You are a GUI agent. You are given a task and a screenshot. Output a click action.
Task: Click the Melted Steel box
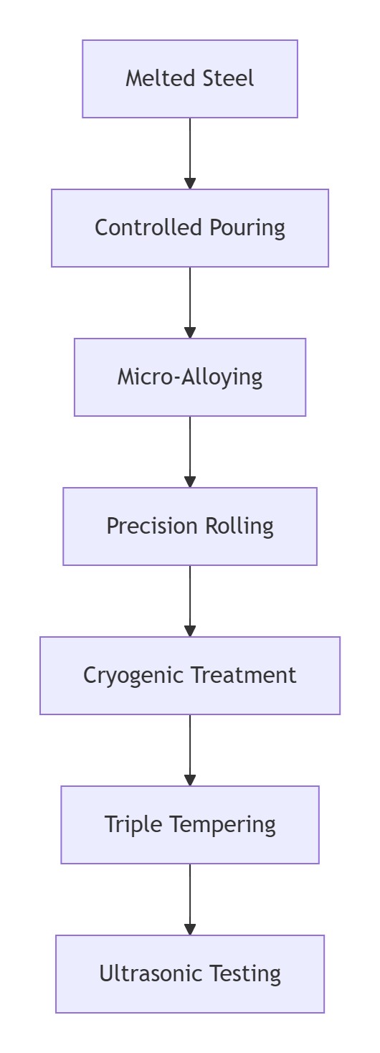tap(190, 78)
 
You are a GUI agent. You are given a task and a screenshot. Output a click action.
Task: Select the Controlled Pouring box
tap(190, 228)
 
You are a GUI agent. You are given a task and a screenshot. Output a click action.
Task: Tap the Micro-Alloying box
tap(190, 377)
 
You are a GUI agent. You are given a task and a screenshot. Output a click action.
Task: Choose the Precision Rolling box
tap(190, 526)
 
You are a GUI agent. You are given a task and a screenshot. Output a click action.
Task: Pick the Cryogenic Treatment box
tap(190, 676)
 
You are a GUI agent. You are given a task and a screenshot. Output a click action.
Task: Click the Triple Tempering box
tap(190, 824)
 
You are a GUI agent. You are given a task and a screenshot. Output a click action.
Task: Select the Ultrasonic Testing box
tap(190, 973)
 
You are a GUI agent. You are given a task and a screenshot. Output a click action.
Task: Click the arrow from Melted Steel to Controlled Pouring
tap(190, 154)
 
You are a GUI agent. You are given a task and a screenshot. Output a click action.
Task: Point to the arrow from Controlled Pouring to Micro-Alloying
tap(190, 302)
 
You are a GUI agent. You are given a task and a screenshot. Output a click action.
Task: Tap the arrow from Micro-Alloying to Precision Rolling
tap(190, 452)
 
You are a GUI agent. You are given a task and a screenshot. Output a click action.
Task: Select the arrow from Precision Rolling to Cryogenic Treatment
tap(190, 601)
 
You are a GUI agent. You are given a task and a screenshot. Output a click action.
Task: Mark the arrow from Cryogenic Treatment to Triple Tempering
tap(190, 750)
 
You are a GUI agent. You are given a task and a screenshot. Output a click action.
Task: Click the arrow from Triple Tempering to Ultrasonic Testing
tap(190, 899)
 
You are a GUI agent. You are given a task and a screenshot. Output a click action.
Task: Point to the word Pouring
tap(247, 228)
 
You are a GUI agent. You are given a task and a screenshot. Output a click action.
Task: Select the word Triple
tap(133, 825)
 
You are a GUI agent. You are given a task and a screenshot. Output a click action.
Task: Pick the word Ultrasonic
tap(151, 973)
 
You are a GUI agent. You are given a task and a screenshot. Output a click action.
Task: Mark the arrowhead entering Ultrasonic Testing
tap(190, 930)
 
